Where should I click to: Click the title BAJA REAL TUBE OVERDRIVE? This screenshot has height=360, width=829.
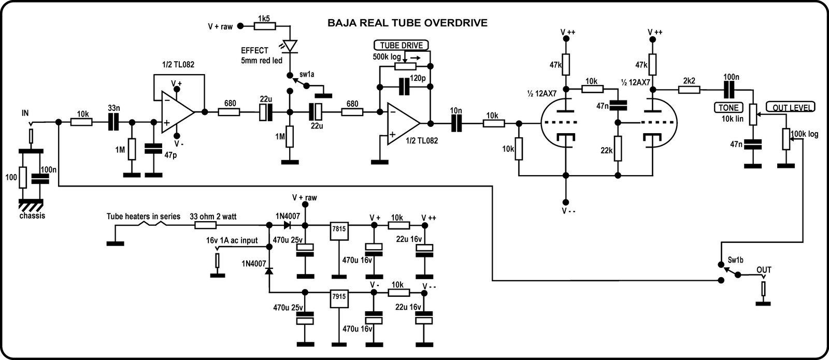pyautogui.click(x=407, y=23)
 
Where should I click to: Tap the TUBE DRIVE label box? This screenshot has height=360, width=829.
pyautogui.click(x=402, y=45)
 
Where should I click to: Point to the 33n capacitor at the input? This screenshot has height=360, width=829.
pyautogui.click(x=113, y=122)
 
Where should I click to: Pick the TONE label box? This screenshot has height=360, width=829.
pyautogui.click(x=728, y=108)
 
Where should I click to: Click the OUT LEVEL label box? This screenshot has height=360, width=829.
pyautogui.click(x=790, y=108)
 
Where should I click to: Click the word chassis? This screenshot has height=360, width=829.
pyautogui.click(x=32, y=215)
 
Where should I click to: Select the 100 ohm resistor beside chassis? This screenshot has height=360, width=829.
pyautogui.click(x=22, y=178)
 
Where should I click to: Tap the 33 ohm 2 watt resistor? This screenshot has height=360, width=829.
pyautogui.click(x=206, y=225)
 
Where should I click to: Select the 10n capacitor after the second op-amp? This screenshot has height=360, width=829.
pyautogui.click(x=456, y=123)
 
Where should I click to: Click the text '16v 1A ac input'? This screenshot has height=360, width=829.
pyautogui.click(x=232, y=240)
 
